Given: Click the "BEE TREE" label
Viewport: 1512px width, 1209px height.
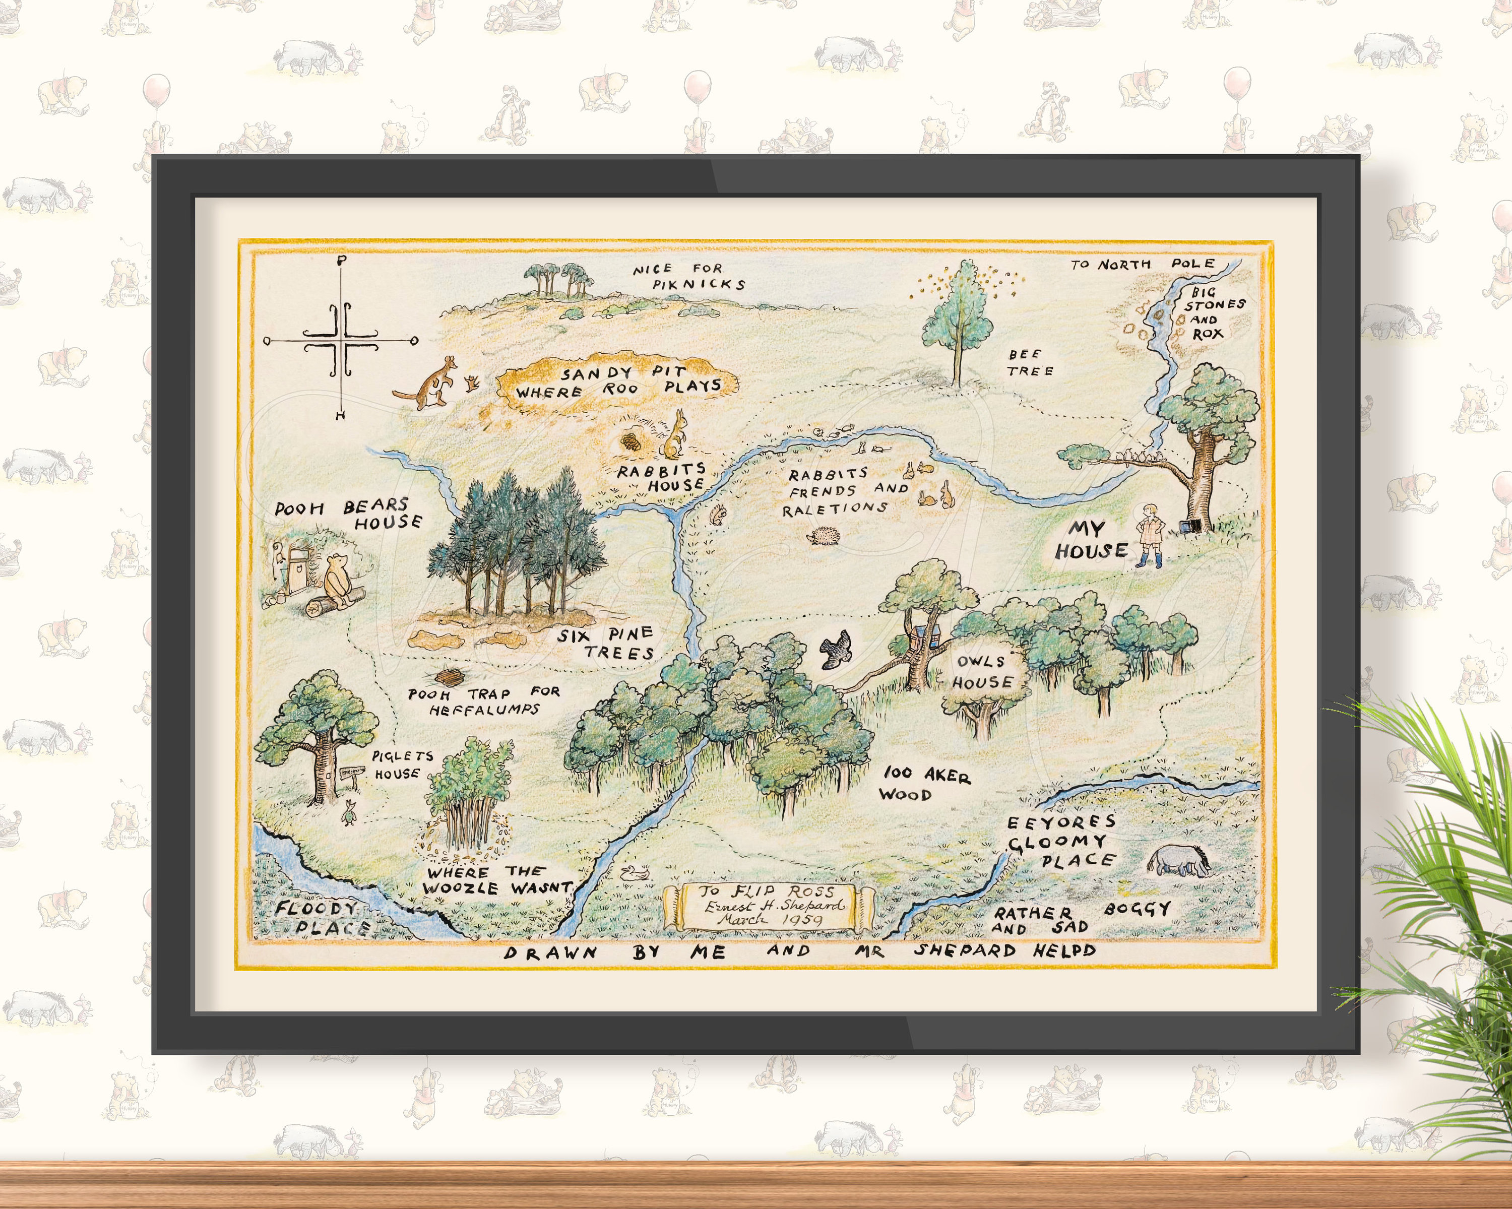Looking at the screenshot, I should [1030, 362].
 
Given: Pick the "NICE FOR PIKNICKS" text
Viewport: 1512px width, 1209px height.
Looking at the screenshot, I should [687, 276].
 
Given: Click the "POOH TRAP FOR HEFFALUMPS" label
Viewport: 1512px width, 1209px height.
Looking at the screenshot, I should [484, 701].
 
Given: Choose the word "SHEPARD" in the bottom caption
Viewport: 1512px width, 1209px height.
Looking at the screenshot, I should [964, 950].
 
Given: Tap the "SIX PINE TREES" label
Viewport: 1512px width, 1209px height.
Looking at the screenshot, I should [607, 643].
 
